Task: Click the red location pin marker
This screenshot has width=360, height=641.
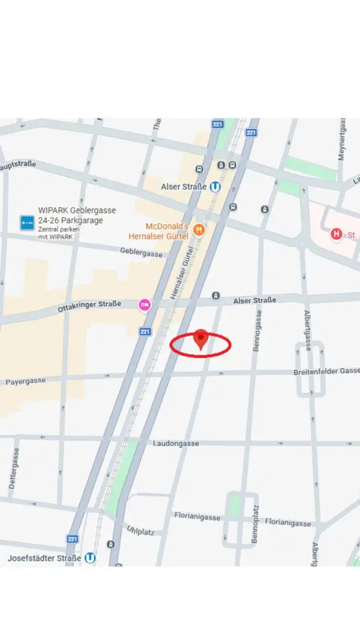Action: [x=201, y=339]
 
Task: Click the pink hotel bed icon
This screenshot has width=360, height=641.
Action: [x=145, y=304]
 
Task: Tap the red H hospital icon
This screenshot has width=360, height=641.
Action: [x=337, y=234]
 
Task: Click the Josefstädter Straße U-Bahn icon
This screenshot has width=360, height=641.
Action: [x=90, y=558]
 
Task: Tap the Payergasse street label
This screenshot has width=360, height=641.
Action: [x=26, y=382]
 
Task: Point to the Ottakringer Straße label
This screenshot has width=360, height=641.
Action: [x=90, y=306]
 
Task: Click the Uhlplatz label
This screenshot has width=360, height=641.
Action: [x=140, y=529]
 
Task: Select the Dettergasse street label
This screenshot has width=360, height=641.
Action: [x=14, y=468]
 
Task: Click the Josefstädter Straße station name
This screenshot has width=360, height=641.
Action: [x=44, y=559]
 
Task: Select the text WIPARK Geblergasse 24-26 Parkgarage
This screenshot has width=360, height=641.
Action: [x=77, y=215]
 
